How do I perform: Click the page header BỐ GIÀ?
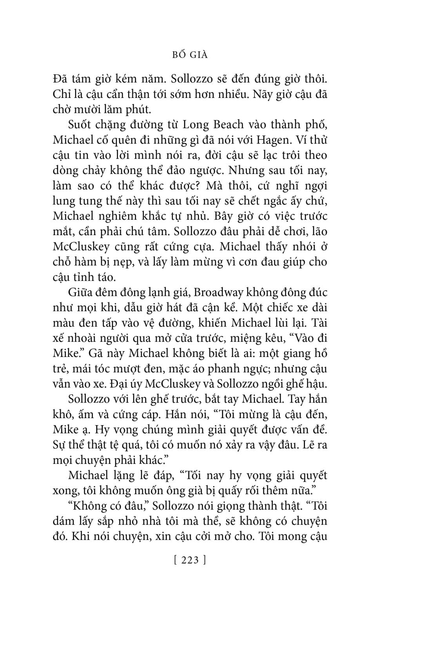click(x=190, y=55)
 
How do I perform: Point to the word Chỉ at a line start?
click(x=60, y=94)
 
